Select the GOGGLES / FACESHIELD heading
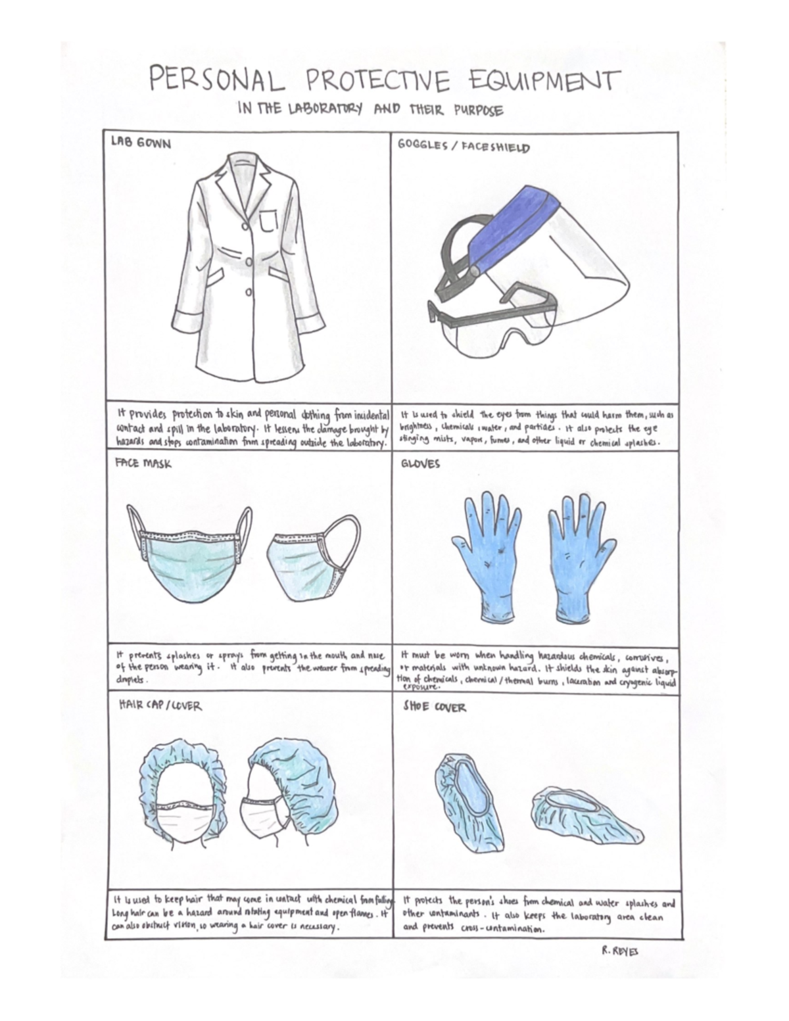[464, 146]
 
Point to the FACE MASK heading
[143, 463]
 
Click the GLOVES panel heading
[420, 463]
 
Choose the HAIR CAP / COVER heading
[160, 705]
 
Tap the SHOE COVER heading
[434, 707]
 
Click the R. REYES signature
[619, 951]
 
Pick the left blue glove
[487, 552]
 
